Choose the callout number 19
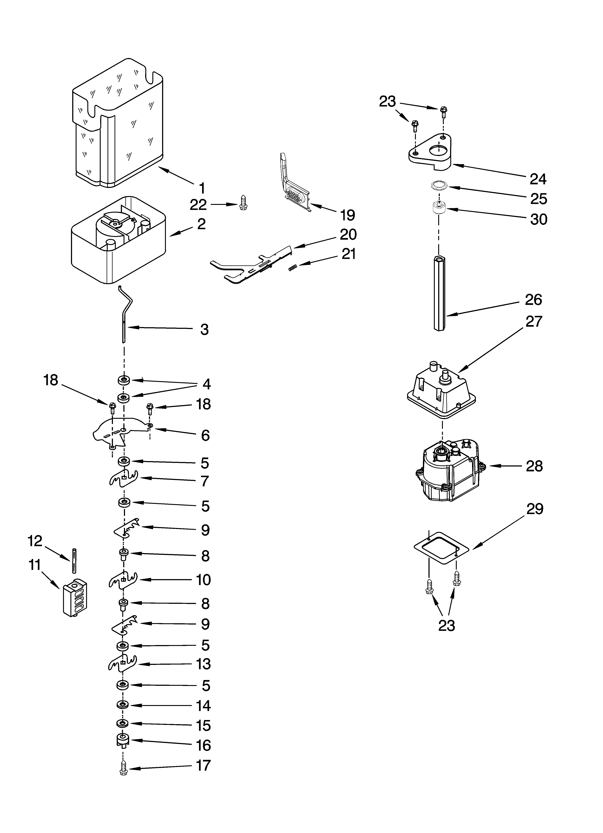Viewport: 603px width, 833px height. tap(347, 215)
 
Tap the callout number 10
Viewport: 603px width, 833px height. tap(203, 580)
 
